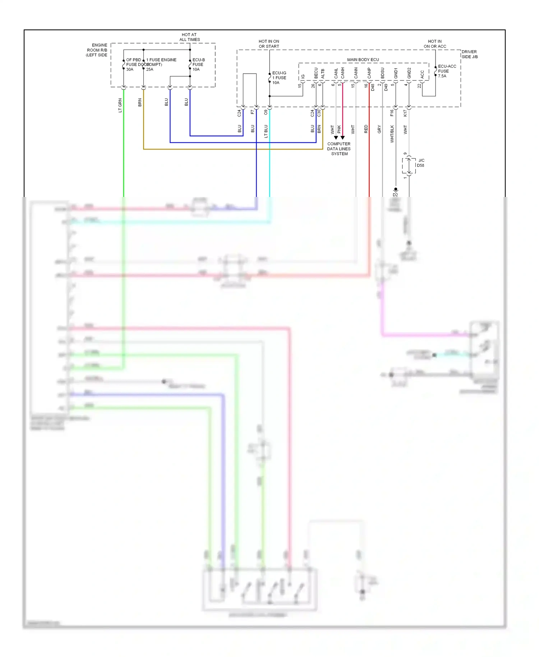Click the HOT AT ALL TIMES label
[x=189, y=37]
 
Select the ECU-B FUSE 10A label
[x=198, y=65]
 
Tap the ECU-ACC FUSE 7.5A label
[x=447, y=71]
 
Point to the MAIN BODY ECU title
[x=363, y=60]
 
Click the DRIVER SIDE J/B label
[x=470, y=54]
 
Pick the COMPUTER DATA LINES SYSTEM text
[x=339, y=149]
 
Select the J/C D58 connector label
[x=421, y=163]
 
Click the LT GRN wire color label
[x=120, y=105]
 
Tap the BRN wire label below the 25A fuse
[x=140, y=102]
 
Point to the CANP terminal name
[x=369, y=73]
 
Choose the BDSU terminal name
[x=382, y=73]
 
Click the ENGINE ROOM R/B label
[x=97, y=50]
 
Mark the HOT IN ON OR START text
[x=269, y=44]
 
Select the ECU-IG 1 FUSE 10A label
[x=279, y=78]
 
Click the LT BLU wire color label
[x=266, y=131]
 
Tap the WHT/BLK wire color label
[x=392, y=134]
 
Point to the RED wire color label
[x=366, y=129]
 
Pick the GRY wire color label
[x=379, y=129]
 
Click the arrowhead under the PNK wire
[x=342, y=138]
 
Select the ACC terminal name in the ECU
[x=422, y=74]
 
